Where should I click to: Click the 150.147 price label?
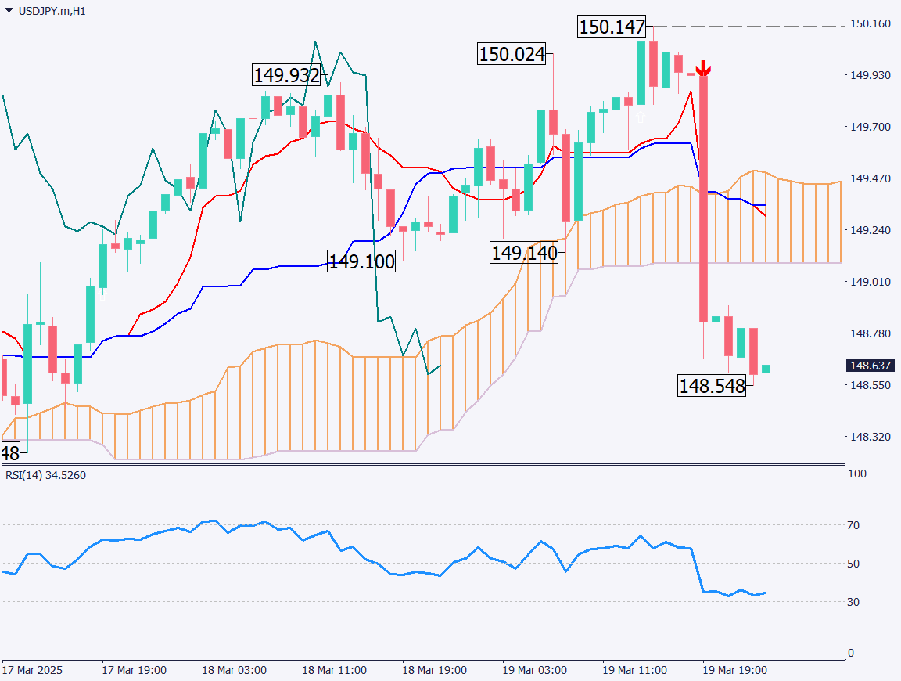[x=612, y=27]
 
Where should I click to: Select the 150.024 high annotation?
[x=512, y=55]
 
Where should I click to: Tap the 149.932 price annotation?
[x=286, y=76]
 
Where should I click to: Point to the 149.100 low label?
[x=361, y=261]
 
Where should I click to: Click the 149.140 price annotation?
[x=524, y=253]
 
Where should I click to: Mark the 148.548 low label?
[x=712, y=386]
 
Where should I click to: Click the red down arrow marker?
[x=703, y=69]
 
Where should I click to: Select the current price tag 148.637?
[x=870, y=366]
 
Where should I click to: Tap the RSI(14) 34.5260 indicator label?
[x=45, y=475]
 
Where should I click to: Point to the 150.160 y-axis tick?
[x=870, y=23]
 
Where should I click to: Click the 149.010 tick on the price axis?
[x=870, y=282]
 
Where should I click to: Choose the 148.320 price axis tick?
[x=870, y=437]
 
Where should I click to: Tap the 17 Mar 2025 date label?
[x=32, y=671]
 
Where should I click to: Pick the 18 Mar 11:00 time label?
[x=334, y=671]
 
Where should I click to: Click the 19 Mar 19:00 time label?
[x=734, y=671]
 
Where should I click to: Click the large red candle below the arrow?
[x=703, y=196]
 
